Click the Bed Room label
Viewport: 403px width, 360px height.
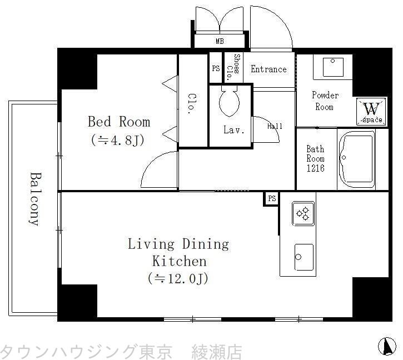coord(118,122)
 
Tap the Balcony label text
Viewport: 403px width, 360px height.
coord(35,198)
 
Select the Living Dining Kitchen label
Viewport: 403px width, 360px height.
coord(178,252)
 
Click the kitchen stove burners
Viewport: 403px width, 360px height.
coord(304,213)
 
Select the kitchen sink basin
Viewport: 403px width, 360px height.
coord(304,257)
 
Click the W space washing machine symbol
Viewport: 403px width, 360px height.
coord(372,111)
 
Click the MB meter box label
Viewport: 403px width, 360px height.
coord(221,41)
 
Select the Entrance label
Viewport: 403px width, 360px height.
coord(268,69)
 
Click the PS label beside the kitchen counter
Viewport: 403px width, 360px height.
coord(271,199)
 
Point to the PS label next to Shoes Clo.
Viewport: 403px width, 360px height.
coord(216,68)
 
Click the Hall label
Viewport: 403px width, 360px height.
coord(275,126)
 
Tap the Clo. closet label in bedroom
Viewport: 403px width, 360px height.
coord(191,102)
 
